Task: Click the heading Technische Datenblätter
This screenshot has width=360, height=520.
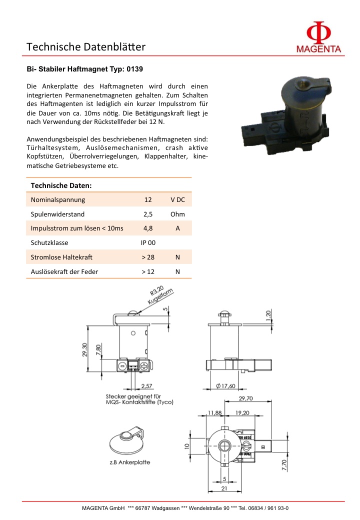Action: pos(86,47)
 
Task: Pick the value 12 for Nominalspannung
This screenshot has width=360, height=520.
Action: pos(148,199)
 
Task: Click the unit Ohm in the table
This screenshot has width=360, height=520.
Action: pos(177,214)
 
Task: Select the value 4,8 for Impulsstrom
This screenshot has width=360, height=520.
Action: pos(148,228)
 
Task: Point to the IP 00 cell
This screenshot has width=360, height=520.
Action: pos(148,243)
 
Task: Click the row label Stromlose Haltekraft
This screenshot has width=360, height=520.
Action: pos(62,257)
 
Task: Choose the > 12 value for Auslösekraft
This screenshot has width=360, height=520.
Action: pos(148,271)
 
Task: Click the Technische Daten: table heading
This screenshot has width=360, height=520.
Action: pos(61,185)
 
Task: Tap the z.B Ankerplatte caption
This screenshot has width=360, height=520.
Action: pos(129,462)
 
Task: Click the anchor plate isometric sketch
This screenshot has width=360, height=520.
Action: pos(127,440)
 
